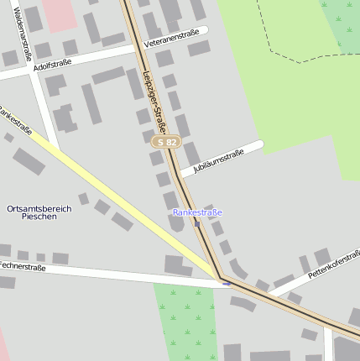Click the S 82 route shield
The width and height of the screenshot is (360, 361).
coord(166,143)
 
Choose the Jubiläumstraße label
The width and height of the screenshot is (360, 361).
coord(218,161)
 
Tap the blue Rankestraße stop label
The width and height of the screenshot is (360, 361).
coord(197,212)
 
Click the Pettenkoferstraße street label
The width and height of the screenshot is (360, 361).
coord(333,263)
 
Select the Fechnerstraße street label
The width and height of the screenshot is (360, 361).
coord(22,266)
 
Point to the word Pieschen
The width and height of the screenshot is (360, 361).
coord(39,217)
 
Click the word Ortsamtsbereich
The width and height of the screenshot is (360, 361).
coord(39,207)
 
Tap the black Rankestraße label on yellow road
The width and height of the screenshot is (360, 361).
coord(17,121)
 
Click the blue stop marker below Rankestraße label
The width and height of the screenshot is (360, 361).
coord(197,223)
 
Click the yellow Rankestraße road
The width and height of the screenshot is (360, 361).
coord(126,201)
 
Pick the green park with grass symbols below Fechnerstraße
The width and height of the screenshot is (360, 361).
coord(186,323)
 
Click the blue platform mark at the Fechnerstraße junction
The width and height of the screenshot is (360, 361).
coord(226,284)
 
